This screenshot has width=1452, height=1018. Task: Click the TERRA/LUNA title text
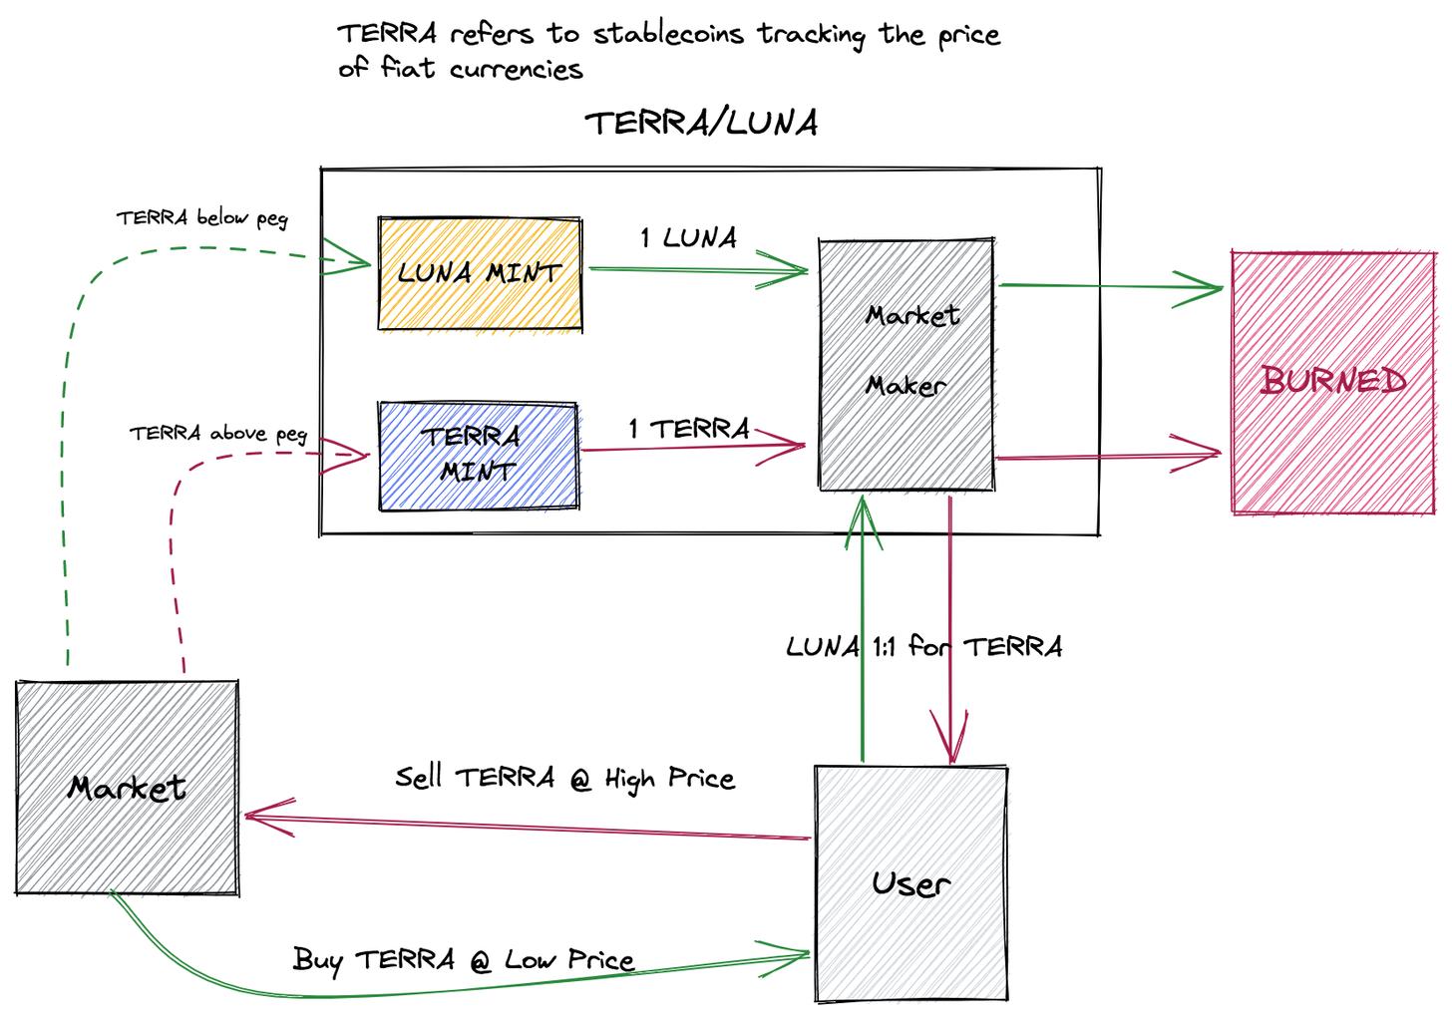pyautogui.click(x=701, y=123)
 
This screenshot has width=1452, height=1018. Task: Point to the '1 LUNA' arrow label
pyautogui.click(x=689, y=238)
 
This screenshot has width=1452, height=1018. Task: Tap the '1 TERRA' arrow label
pyautogui.click(x=689, y=429)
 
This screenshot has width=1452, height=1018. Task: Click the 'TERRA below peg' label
pyautogui.click(x=201, y=218)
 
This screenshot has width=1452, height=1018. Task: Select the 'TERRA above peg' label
pyautogui.click(x=217, y=434)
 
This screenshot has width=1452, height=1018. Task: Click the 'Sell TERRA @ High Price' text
pyautogui.click(x=564, y=778)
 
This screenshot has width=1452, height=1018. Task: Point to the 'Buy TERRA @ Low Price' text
pyautogui.click(x=464, y=960)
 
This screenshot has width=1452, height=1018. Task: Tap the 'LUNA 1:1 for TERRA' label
pyautogui.click(x=923, y=647)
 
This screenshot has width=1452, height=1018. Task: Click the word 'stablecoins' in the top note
pyautogui.click(x=669, y=34)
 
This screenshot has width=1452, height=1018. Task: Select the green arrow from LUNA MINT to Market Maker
pyautogui.click(x=698, y=268)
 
